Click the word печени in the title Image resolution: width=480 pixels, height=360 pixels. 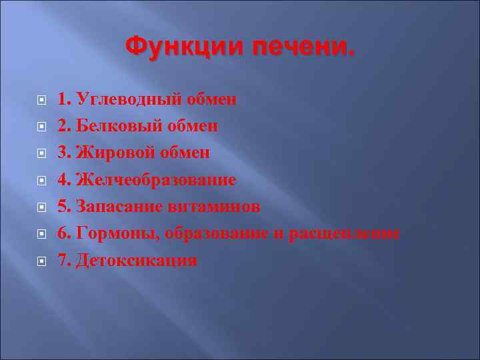[303, 47]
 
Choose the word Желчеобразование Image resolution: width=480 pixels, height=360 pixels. [156, 180]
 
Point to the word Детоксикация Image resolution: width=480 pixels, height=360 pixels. [137, 260]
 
